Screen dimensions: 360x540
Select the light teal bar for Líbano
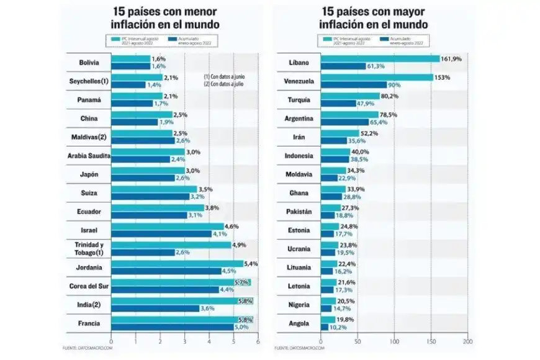tap(379, 59)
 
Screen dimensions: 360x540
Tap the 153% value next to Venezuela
tap(444, 78)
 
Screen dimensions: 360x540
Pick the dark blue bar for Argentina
tap(344, 122)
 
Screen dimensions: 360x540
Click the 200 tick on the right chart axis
tap(468, 341)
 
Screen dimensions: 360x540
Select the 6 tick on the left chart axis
tap(258, 341)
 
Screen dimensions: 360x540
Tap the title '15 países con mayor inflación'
tap(376, 19)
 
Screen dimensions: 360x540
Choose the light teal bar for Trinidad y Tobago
tap(171, 245)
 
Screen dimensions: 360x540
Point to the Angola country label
tap(300, 323)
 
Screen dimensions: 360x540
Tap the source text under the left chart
tap(84, 348)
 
